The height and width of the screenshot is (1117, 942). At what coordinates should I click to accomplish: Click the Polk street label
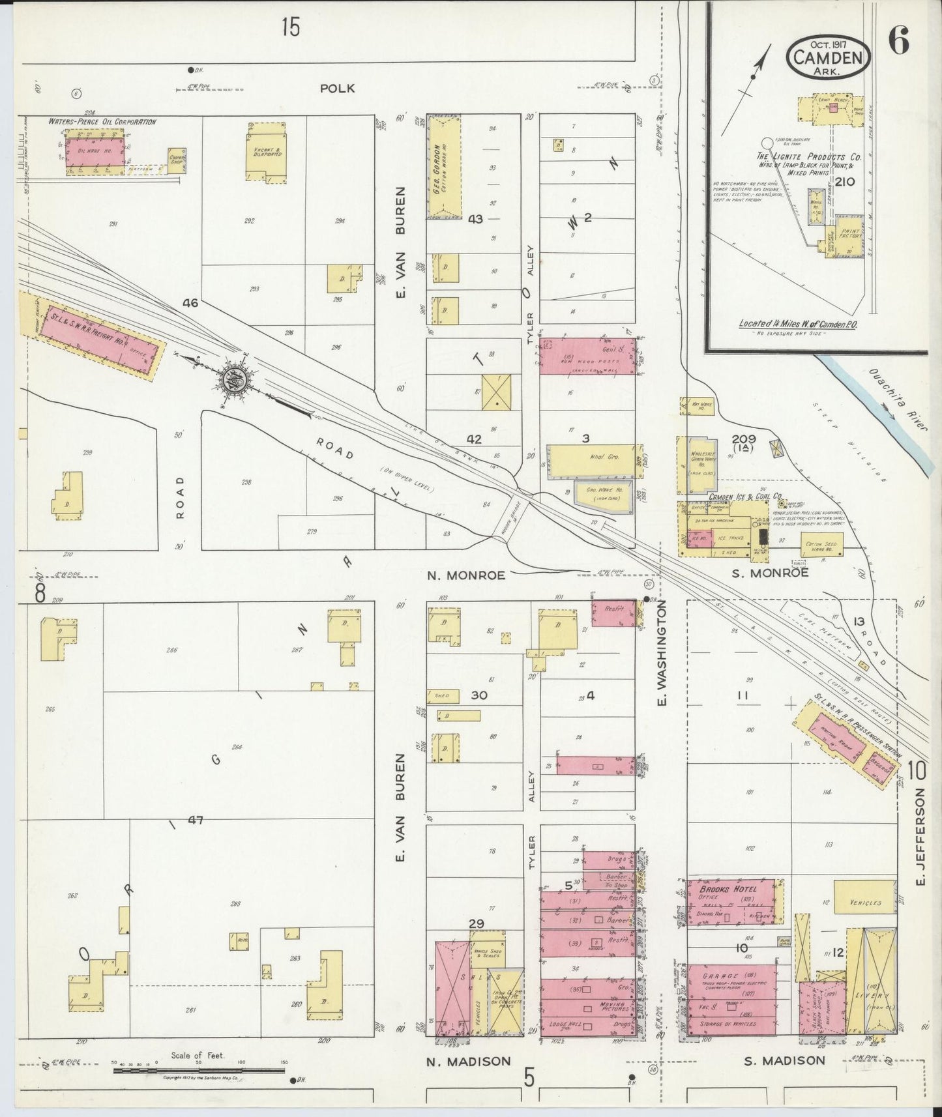click(337, 88)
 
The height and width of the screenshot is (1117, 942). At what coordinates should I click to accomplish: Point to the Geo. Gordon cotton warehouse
click(444, 166)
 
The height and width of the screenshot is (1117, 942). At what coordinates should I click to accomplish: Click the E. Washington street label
click(662, 654)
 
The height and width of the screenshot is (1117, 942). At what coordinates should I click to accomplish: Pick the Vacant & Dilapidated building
click(262, 154)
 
